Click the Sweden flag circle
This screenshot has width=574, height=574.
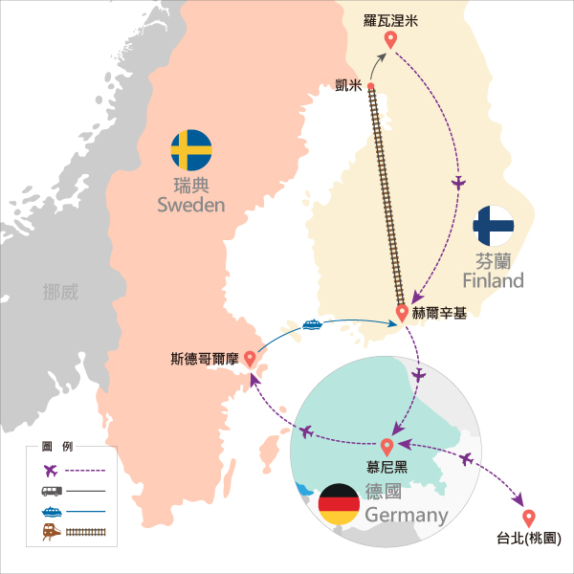(191, 150)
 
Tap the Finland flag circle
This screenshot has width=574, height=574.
(493, 226)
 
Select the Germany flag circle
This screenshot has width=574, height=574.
(339, 504)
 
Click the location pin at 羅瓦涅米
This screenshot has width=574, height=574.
(390, 40)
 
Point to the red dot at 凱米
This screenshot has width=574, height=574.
(371, 86)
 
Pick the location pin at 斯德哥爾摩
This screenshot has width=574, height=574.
(250, 359)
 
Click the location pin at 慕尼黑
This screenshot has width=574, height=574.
(386, 447)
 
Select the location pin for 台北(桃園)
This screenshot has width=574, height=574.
(529, 519)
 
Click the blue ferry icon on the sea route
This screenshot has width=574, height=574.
(312, 324)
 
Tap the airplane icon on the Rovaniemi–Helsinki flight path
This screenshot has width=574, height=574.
(458, 183)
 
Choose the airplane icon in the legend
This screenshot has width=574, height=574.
(51, 471)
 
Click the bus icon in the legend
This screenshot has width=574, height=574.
(52, 491)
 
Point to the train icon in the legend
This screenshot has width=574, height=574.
(52, 532)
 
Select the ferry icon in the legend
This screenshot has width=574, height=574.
(52, 512)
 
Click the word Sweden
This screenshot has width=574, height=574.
(191, 205)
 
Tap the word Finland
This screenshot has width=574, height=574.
(493, 280)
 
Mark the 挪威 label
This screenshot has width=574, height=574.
(60, 292)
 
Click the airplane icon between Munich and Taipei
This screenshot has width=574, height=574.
(467, 458)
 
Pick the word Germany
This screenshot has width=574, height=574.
(407, 516)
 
